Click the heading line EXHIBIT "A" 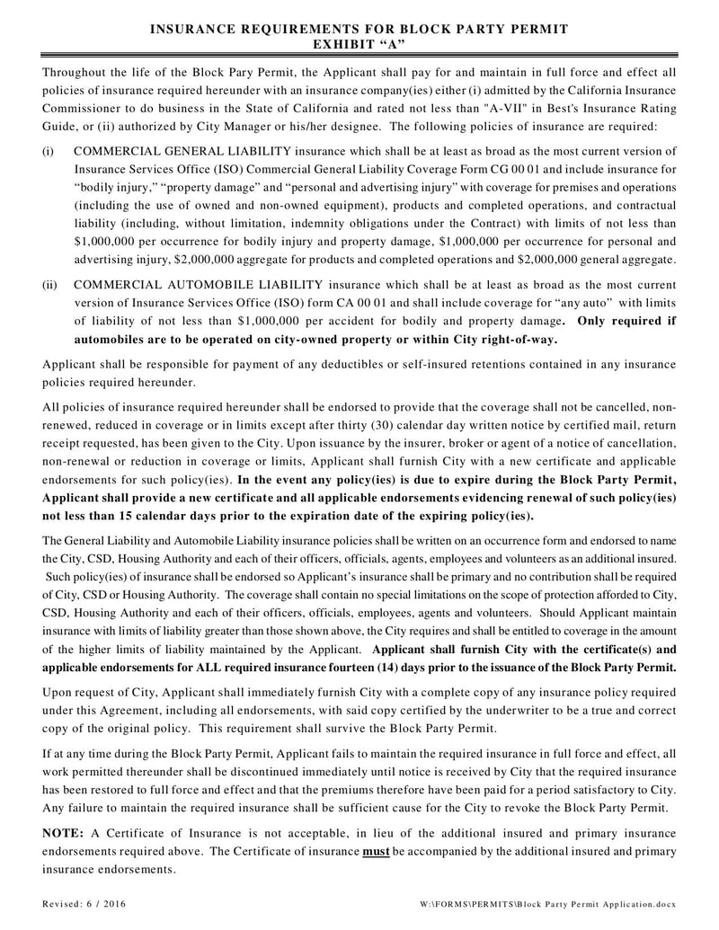coord(359,43)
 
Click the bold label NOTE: coord(64,834)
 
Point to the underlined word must coord(376,852)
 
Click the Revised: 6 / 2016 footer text coord(84,902)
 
